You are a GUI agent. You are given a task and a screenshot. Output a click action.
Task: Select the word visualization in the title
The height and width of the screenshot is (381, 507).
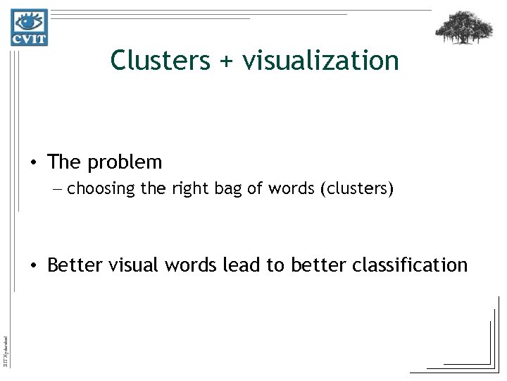click(320, 61)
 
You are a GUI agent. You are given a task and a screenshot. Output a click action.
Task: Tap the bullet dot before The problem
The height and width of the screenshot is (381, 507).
click(34, 163)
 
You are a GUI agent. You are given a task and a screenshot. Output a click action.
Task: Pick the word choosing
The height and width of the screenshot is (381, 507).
click(97, 189)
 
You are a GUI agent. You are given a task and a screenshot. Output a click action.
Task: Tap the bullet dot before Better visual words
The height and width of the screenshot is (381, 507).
click(34, 265)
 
